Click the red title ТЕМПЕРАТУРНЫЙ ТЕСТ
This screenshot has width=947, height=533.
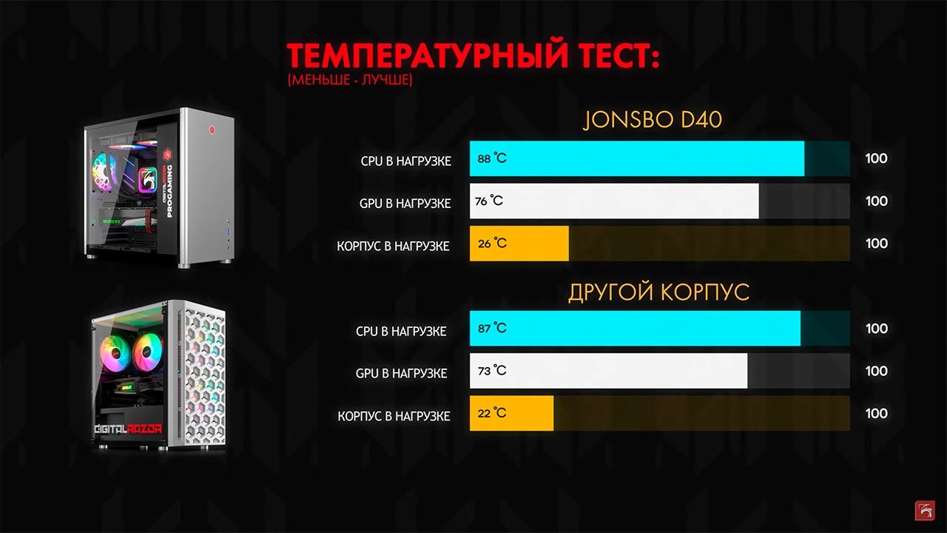tap(473, 55)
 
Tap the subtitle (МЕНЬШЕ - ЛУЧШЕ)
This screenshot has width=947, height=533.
tap(350, 80)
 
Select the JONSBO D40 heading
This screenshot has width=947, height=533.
tap(653, 120)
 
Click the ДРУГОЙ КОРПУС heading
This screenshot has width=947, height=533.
tap(658, 292)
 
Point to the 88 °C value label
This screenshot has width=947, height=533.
tap(492, 158)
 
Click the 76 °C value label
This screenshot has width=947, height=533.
tap(489, 201)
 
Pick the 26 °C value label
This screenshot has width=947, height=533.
tap(492, 244)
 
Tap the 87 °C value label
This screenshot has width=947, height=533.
tap(492, 328)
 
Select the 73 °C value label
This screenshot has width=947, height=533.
tap(492, 371)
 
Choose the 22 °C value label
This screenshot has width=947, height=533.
tap(492, 413)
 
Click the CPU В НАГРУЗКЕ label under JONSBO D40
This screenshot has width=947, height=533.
tap(406, 161)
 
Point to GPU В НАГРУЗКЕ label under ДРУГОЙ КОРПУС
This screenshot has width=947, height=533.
tap(401, 374)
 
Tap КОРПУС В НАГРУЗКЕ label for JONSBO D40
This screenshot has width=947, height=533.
tap(393, 247)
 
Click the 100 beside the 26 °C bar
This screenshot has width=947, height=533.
tap(877, 244)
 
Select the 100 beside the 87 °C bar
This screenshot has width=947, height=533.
tap(877, 328)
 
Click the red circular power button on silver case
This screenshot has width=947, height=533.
tap(212, 129)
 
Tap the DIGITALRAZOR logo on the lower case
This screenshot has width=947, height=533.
tap(128, 429)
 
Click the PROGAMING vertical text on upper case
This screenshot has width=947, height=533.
tap(169, 191)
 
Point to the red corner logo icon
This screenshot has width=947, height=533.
tap(925, 510)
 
